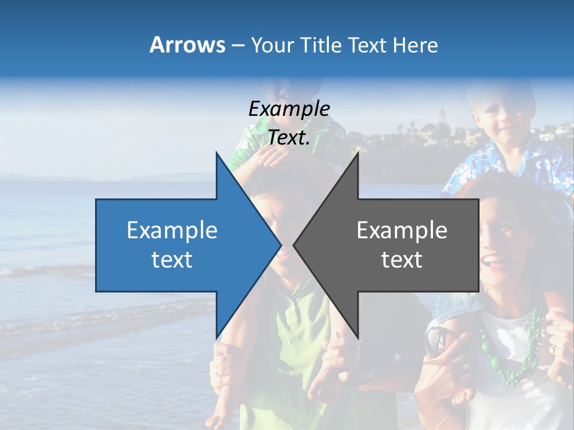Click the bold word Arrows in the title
click(x=187, y=45)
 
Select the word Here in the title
click(x=416, y=45)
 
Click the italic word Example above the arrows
click(x=289, y=109)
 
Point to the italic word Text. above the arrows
click(x=289, y=137)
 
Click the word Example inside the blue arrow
click(x=172, y=231)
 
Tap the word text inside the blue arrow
click(x=172, y=260)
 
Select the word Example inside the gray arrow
click(x=402, y=231)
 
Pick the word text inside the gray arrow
click(x=402, y=260)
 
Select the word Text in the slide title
click(x=367, y=45)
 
